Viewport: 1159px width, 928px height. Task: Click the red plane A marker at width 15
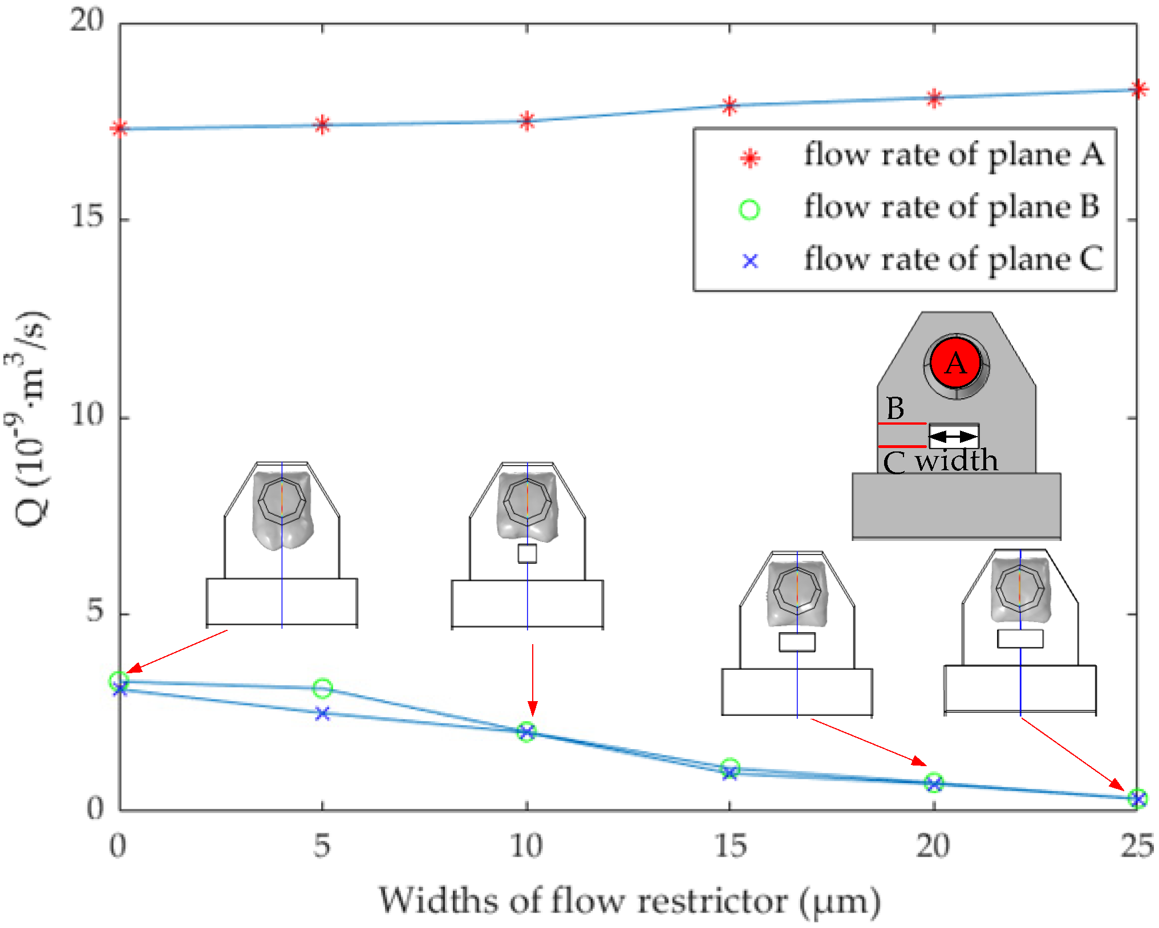(730, 105)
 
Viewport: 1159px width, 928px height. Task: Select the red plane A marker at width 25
(1138, 89)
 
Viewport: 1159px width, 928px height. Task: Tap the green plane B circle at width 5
(322, 688)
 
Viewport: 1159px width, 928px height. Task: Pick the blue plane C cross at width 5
(322, 713)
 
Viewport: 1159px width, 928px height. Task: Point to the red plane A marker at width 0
(119, 128)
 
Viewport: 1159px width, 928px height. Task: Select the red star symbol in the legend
(750, 157)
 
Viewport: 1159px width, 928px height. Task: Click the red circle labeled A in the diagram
(956, 363)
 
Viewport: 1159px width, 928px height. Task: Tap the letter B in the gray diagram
(895, 408)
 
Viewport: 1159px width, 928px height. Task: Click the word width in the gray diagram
(957, 461)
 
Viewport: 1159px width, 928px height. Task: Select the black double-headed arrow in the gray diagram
(953, 437)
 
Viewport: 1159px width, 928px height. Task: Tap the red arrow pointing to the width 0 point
(177, 651)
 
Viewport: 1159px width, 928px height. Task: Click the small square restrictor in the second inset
(527, 553)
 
